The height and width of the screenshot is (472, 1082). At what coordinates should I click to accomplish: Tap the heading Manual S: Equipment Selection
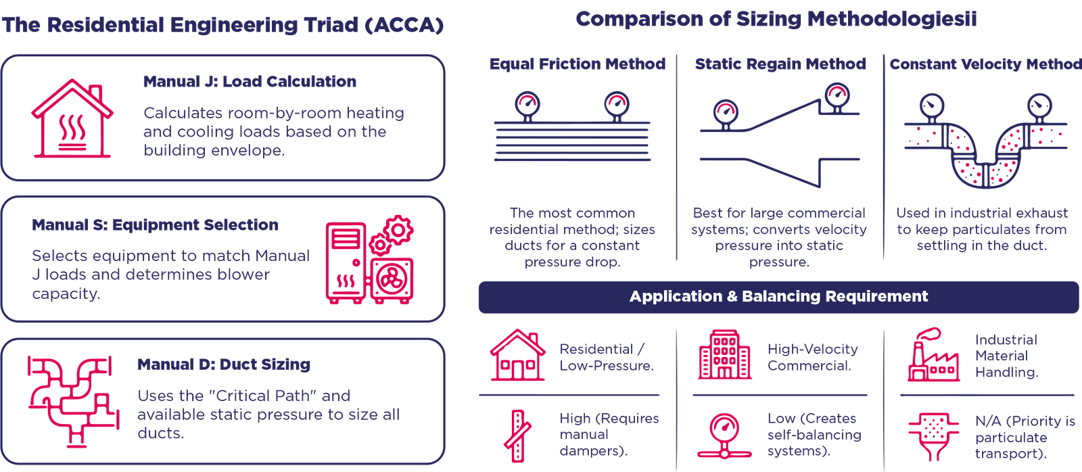[x=155, y=225]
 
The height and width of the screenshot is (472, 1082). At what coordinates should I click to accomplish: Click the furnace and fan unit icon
[x=369, y=261]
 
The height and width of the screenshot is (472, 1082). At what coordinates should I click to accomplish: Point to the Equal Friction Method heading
[x=578, y=64]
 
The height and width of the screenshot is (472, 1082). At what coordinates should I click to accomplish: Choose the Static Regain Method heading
[x=780, y=64]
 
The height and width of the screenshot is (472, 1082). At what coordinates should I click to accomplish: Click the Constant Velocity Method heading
[x=985, y=64]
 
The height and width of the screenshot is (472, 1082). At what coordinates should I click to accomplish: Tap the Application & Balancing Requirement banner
[x=778, y=297]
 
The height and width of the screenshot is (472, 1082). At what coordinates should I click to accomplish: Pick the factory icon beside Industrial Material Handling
[x=933, y=355]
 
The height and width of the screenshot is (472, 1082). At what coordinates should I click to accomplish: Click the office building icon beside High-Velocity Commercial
[x=725, y=354]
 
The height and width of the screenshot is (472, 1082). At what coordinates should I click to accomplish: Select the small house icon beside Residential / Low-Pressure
[x=517, y=355]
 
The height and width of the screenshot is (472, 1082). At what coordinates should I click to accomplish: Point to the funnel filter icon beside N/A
[x=933, y=436]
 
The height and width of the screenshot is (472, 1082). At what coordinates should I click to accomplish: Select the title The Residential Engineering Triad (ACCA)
[x=222, y=26]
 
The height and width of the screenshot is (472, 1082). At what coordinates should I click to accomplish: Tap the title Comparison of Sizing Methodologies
[x=776, y=20]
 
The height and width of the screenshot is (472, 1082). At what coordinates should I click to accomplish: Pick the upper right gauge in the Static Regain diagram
[x=837, y=96]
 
